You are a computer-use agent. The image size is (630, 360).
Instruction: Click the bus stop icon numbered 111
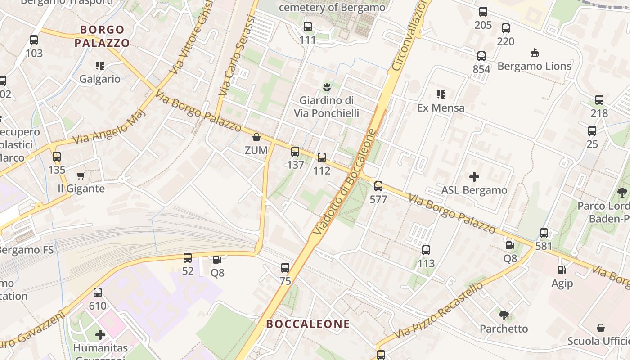tap(308, 27)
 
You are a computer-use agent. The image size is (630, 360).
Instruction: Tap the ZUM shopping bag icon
tap(256, 137)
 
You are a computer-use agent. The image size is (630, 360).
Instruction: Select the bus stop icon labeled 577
tap(378, 186)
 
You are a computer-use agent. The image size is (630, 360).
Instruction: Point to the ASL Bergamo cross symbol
tap(474, 177)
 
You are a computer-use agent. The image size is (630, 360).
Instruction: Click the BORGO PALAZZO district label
tap(102, 36)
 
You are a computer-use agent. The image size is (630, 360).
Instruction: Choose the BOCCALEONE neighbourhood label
tap(308, 324)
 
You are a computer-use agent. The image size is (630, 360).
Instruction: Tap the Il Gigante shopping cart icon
tap(81, 175)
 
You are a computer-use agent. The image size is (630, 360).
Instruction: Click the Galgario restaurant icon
tap(100, 66)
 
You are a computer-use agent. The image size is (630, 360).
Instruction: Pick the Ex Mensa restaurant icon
tap(441, 94)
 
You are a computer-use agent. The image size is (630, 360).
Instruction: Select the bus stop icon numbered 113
tap(426, 250)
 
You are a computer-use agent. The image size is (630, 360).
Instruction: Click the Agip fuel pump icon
tap(562, 270)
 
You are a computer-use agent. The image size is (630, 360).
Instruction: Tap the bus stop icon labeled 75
tap(285, 268)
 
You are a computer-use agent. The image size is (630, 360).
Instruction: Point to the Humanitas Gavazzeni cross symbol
tap(100, 335)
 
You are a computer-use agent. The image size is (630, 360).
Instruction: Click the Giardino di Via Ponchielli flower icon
tap(327, 86)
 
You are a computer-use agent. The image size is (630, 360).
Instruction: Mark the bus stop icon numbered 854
tap(481, 56)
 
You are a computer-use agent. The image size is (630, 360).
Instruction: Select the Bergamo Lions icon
tap(534, 53)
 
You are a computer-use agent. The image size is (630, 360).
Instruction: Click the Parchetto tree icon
tap(504, 315)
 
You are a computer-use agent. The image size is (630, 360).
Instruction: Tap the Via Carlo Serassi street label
tap(236, 56)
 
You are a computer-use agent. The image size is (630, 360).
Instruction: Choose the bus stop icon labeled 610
tap(98, 292)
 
